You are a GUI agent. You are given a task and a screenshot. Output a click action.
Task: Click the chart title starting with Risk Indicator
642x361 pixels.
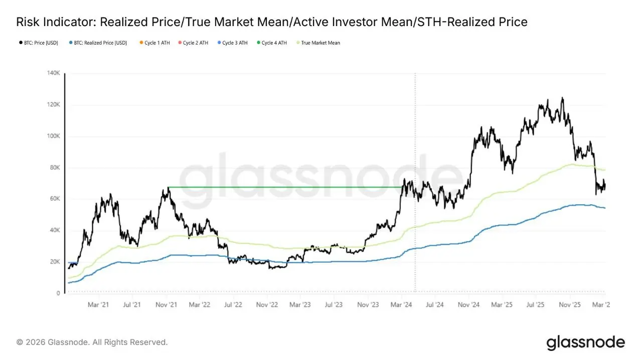(x=271, y=22)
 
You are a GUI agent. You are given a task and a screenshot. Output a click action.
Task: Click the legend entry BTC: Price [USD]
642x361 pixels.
(x=38, y=43)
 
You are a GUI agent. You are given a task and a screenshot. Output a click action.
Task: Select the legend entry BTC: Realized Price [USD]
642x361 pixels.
(x=98, y=43)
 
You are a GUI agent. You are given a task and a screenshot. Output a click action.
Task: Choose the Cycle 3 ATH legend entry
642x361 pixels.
(x=232, y=43)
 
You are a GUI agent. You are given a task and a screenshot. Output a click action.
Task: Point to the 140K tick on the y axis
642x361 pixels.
(x=54, y=74)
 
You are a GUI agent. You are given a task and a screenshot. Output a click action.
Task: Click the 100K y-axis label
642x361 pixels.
(x=54, y=136)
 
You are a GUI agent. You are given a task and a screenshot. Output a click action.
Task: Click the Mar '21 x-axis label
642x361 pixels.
(x=98, y=304)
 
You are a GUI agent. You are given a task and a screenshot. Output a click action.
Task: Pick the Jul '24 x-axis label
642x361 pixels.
(x=435, y=304)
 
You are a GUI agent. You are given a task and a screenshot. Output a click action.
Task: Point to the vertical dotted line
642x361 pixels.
(x=415, y=125)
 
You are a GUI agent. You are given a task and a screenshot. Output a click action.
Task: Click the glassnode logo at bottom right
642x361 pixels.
(x=585, y=343)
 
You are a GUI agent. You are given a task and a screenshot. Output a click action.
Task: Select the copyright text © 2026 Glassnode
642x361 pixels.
(x=92, y=342)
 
